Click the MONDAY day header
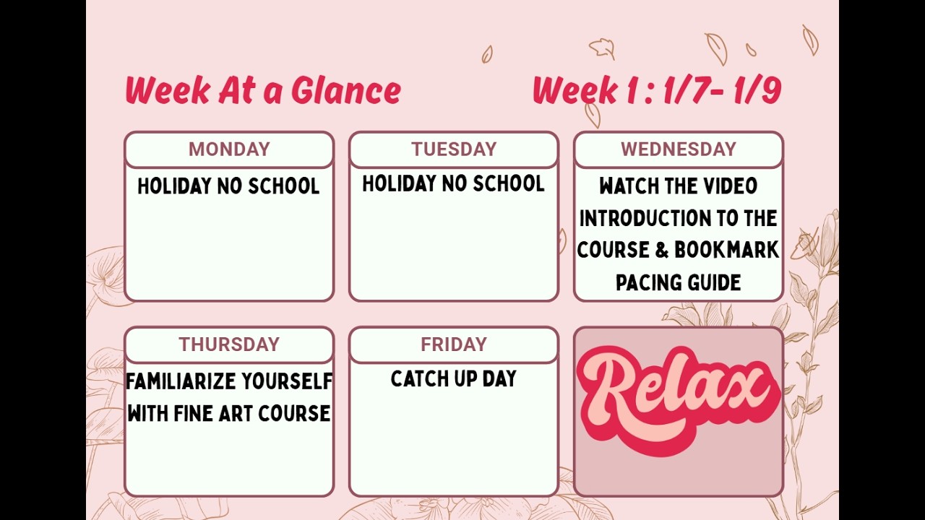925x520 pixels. (229, 149)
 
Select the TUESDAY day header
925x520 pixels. (454, 149)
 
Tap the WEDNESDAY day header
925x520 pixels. (678, 149)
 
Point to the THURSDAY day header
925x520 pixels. (229, 344)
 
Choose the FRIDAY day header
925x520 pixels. (454, 344)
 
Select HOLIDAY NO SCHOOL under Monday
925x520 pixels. (228, 186)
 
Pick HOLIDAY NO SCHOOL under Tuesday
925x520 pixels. (453, 183)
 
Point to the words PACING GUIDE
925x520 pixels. (678, 282)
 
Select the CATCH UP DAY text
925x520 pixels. (453, 378)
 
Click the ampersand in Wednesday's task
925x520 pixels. (662, 250)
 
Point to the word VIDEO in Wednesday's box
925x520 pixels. (729, 186)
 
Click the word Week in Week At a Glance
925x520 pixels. (168, 91)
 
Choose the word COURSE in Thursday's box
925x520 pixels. (294, 413)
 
